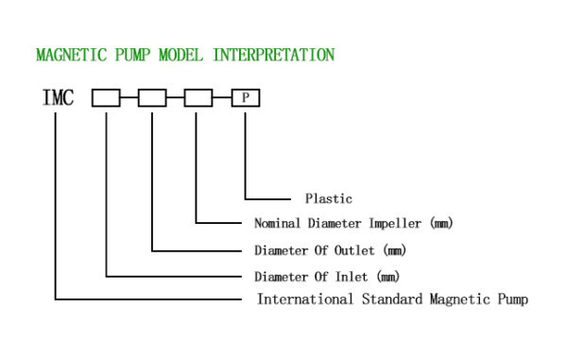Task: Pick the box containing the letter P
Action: pyautogui.click(x=245, y=97)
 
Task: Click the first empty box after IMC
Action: pyautogui.click(x=106, y=97)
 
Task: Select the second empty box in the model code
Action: pyautogui.click(x=152, y=97)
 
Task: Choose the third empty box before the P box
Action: pyautogui.click(x=198, y=97)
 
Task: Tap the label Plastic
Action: pyautogui.click(x=328, y=199)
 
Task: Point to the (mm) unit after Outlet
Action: pyautogui.click(x=389, y=251)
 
